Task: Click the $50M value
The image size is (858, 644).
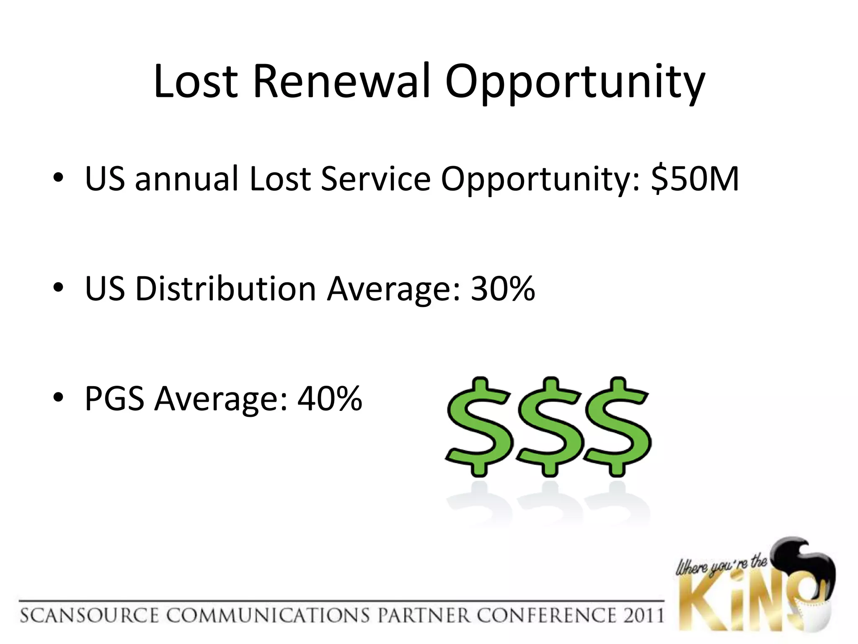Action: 695,179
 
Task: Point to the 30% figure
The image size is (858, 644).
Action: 503,288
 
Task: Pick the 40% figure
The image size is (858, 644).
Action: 330,398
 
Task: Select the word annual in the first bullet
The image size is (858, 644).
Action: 186,179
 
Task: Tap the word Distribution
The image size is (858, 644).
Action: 225,288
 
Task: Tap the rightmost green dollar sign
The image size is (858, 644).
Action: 617,427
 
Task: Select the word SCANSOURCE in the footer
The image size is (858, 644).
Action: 89,615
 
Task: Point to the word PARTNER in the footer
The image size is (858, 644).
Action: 424,615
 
